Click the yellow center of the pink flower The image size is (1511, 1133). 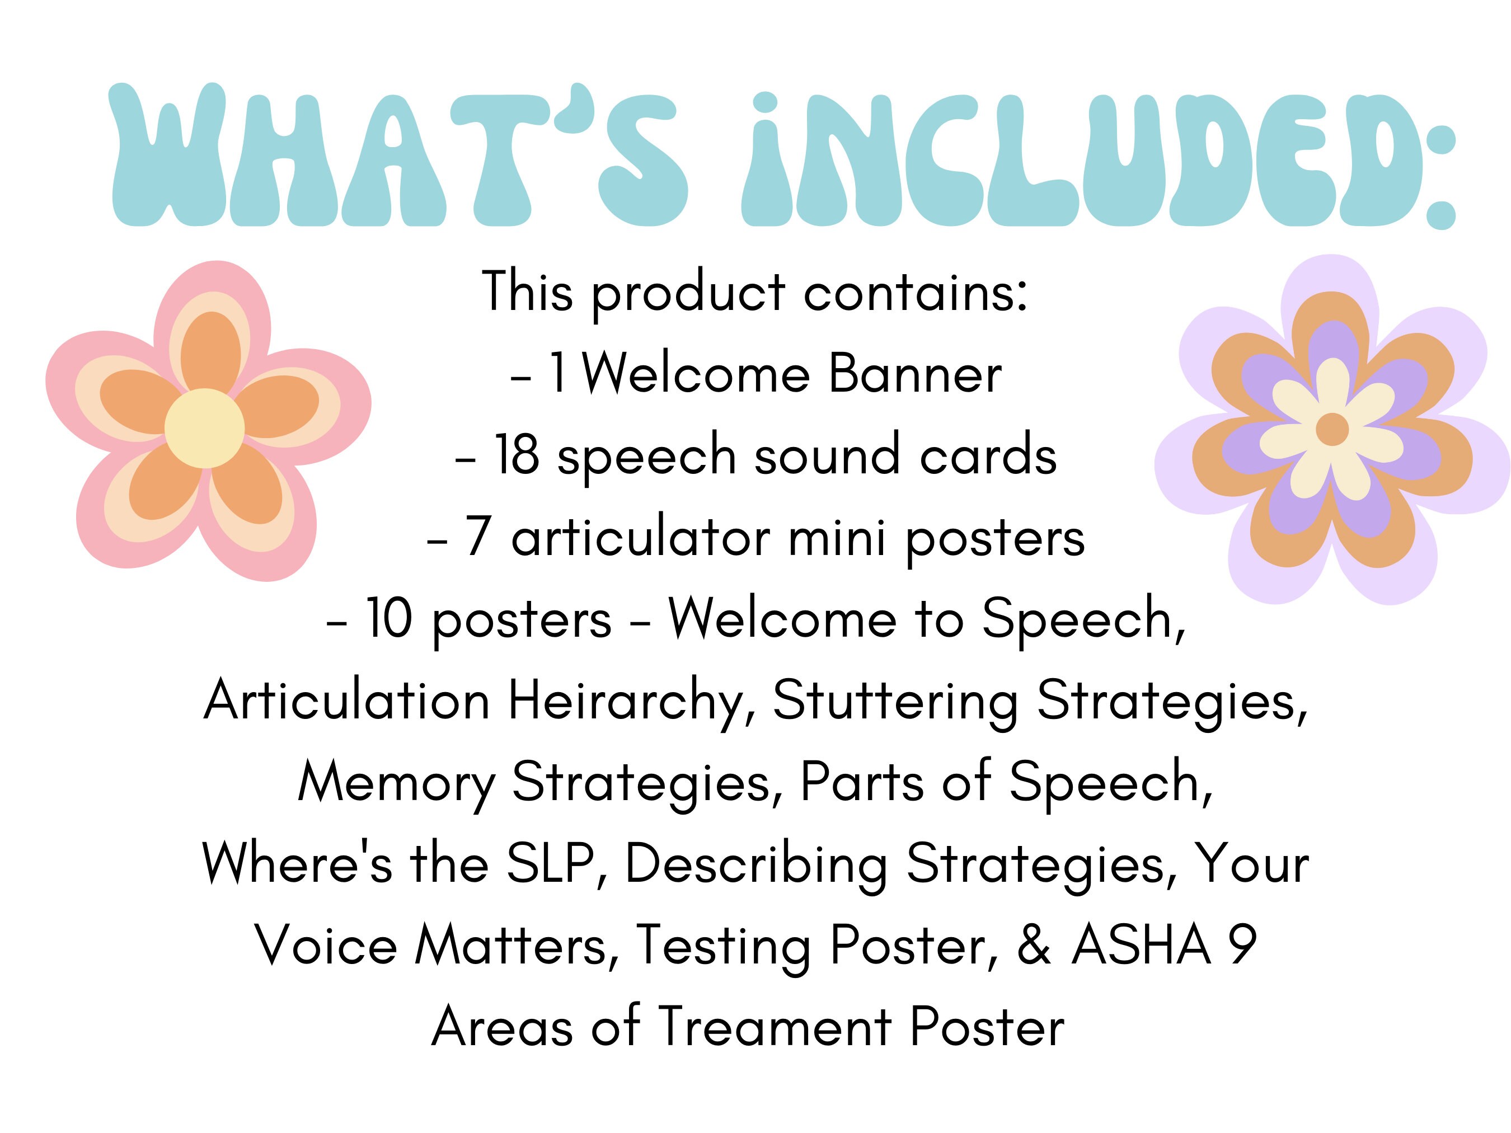click(204, 428)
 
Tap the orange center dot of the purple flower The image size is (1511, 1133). click(1331, 429)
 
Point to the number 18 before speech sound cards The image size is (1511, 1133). click(517, 455)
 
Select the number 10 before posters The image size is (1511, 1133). click(390, 619)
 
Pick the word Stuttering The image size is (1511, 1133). click(895, 702)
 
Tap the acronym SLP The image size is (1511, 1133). click(550, 864)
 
